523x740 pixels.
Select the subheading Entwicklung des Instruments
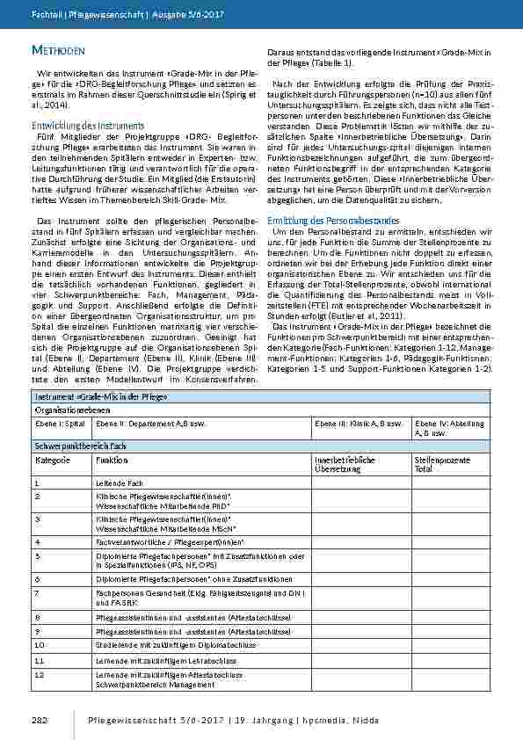click(x=77, y=126)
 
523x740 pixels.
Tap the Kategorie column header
click(x=52, y=460)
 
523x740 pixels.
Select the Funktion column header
click(x=112, y=460)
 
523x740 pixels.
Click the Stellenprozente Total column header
click(x=438, y=464)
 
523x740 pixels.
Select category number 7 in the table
click(x=38, y=593)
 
